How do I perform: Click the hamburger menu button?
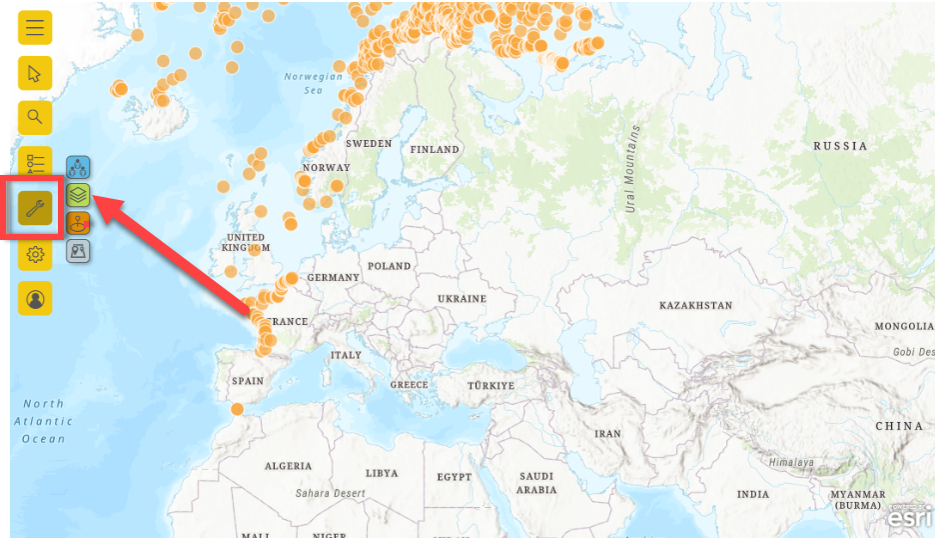tap(35, 28)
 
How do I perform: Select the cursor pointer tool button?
tap(35, 73)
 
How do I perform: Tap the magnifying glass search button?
tap(35, 118)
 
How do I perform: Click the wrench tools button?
tap(35, 208)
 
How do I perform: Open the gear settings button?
tap(35, 255)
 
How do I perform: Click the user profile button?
tap(35, 299)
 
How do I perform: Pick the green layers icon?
tap(79, 194)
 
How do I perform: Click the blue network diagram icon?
tap(79, 167)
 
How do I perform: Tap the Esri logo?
tap(909, 518)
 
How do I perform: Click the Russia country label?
tap(840, 146)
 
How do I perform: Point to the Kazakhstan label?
tap(695, 305)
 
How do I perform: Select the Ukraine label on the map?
tap(462, 299)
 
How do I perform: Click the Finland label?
tap(435, 150)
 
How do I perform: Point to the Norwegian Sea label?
tap(313, 83)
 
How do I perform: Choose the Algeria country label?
tap(289, 466)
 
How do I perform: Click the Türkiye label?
tap(490, 386)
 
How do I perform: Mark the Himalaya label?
tap(790, 462)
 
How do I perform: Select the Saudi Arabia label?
tap(536, 483)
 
